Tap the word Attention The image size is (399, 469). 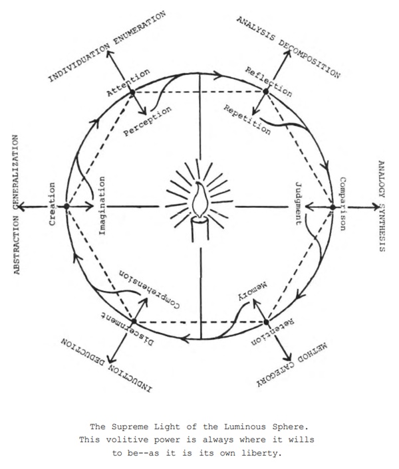pos(128,82)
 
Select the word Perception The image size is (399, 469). pos(148,121)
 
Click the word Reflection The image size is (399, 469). pos(268,82)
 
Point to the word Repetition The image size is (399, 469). pos(247,120)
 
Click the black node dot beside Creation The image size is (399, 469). pos(66,207)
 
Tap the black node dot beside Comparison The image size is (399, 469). pos(332,207)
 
